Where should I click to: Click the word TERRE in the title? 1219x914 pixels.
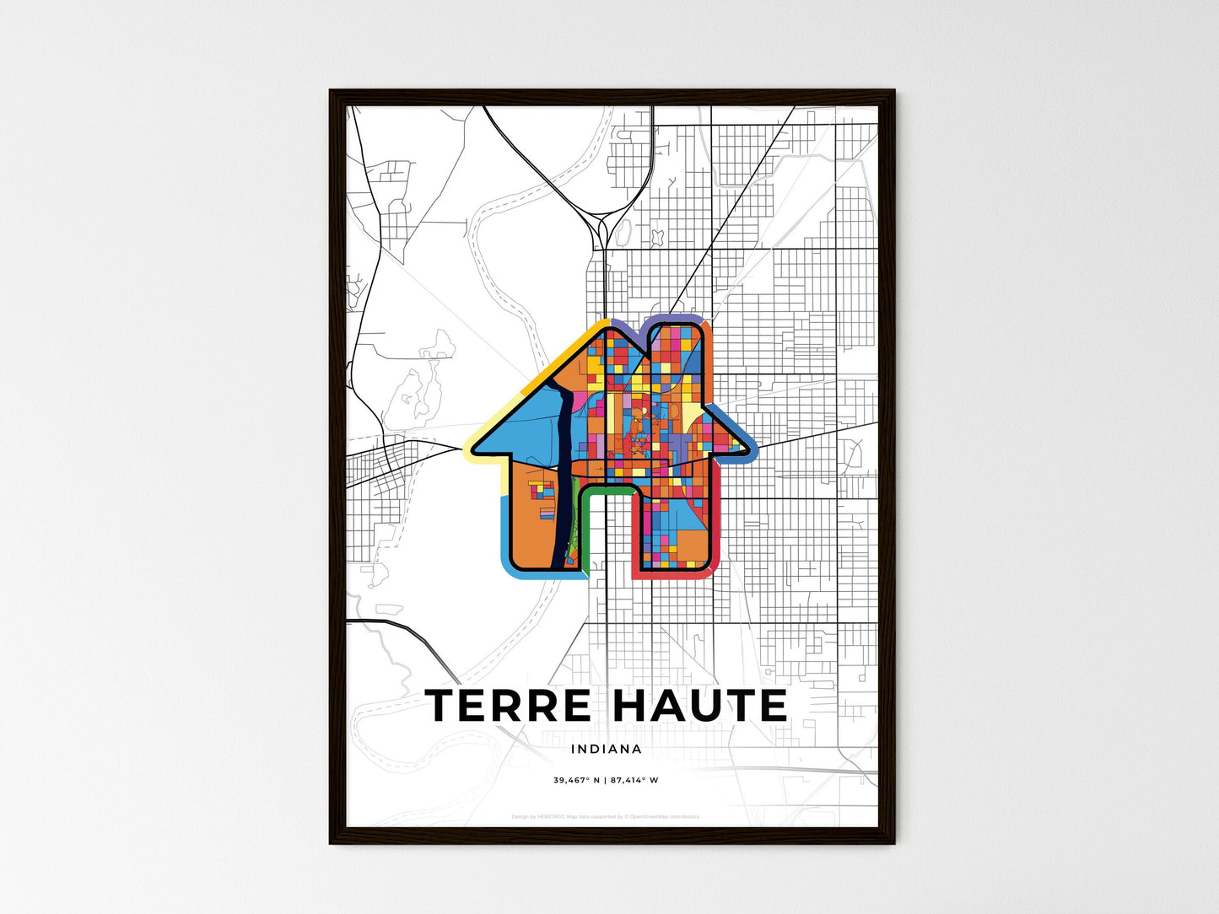[508, 707]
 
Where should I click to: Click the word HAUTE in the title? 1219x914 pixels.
[699, 707]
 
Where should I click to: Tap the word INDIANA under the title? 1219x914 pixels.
[606, 749]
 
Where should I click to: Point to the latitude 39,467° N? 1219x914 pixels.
[576, 780]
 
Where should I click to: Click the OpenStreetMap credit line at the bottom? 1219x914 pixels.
[606, 816]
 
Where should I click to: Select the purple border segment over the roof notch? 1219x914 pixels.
[628, 325]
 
